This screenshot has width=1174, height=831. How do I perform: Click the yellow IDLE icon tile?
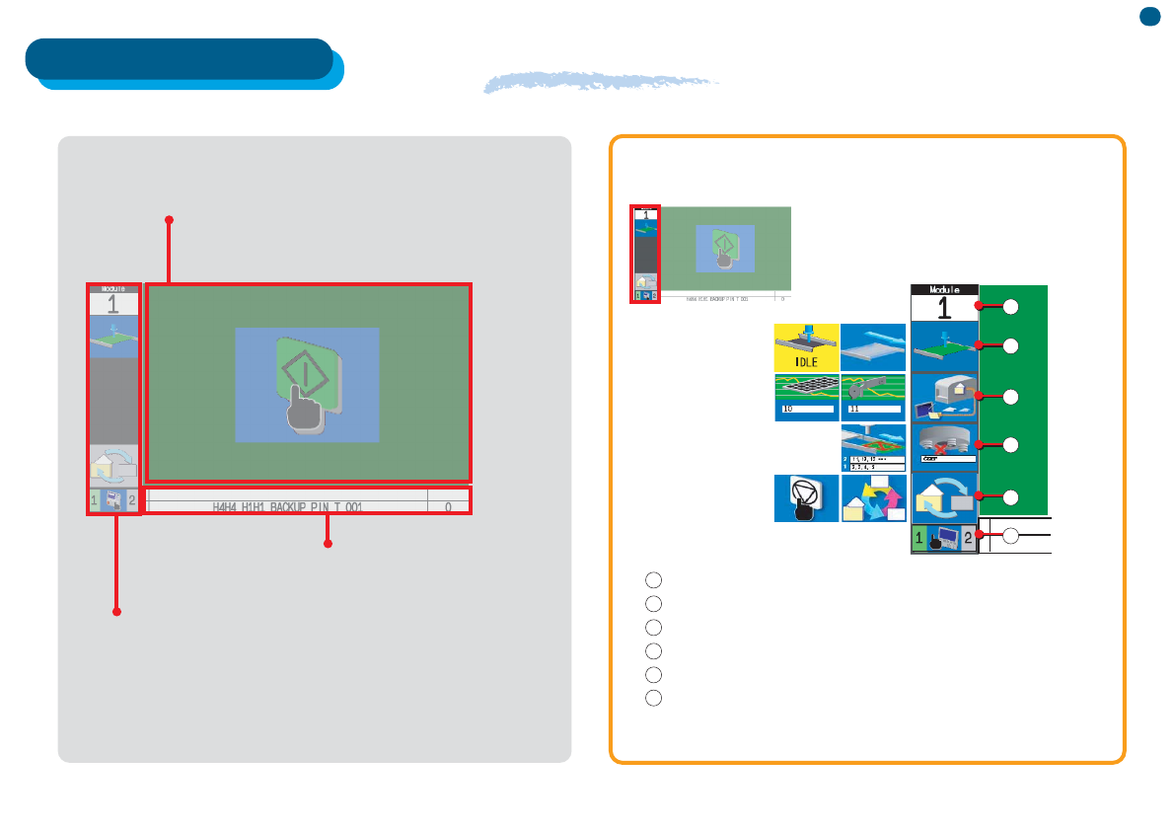tap(806, 346)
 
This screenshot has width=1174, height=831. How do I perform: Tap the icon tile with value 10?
tap(806, 398)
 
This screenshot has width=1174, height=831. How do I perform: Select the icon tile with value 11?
tap(873, 398)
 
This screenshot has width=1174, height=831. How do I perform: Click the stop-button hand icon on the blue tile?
tap(806, 498)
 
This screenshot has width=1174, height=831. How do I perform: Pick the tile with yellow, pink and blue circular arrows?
tap(873, 498)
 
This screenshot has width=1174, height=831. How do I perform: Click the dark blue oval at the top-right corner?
tap(1149, 16)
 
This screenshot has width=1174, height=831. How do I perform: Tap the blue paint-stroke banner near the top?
tap(602, 83)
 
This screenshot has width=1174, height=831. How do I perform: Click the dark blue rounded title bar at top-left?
tap(179, 58)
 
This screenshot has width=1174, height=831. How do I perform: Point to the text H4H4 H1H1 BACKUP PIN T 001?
tap(288, 506)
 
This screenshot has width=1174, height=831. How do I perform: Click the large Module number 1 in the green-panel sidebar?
tap(944, 307)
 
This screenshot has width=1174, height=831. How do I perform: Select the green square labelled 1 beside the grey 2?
tap(920, 539)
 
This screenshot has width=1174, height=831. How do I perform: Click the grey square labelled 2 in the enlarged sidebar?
tap(968, 539)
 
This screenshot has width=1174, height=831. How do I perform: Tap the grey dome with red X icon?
tap(944, 445)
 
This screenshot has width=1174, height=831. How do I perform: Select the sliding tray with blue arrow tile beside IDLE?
tap(873, 346)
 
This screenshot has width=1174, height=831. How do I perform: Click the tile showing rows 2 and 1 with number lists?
tap(873, 448)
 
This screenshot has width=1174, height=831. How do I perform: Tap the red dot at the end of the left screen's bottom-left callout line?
tap(116, 613)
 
